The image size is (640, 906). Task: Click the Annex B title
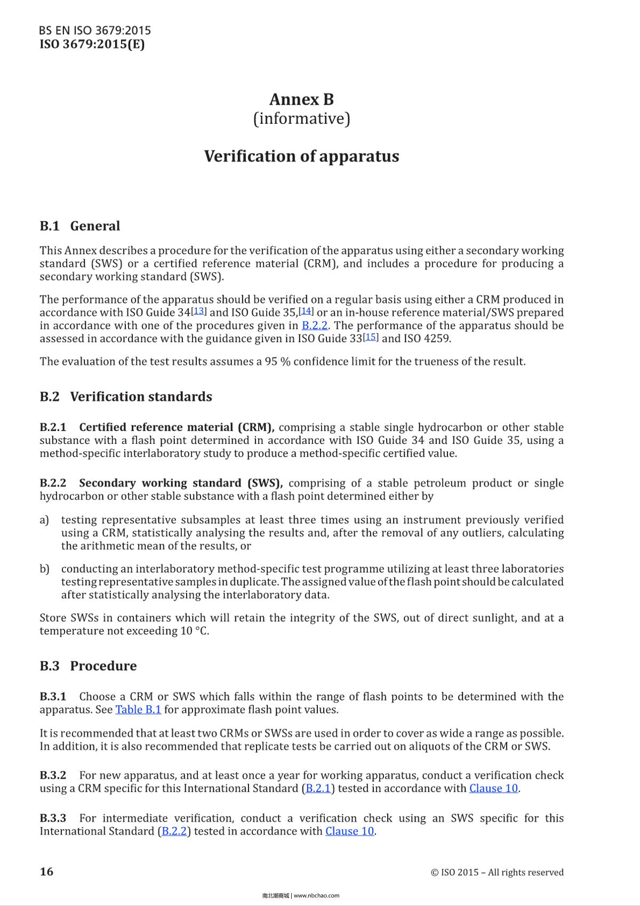[301, 100]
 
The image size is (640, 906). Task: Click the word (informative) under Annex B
[301, 118]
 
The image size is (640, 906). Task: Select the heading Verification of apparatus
[301, 156]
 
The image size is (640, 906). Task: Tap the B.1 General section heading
[80, 226]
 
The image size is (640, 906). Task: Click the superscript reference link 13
[199, 311]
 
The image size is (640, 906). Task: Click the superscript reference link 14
[306, 311]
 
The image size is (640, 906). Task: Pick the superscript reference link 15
[371, 337]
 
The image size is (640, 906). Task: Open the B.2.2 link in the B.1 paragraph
[314, 325]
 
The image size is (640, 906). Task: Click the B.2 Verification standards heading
[126, 397]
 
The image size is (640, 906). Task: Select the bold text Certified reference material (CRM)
[176, 427]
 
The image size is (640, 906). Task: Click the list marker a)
[44, 520]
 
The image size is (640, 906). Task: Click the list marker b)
[44, 569]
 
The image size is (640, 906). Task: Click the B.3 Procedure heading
[88, 666]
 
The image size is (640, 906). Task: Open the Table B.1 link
[138, 710]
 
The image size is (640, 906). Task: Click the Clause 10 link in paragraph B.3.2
[493, 789]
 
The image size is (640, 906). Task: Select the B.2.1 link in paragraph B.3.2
[318, 789]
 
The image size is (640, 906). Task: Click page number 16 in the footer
[47, 871]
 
